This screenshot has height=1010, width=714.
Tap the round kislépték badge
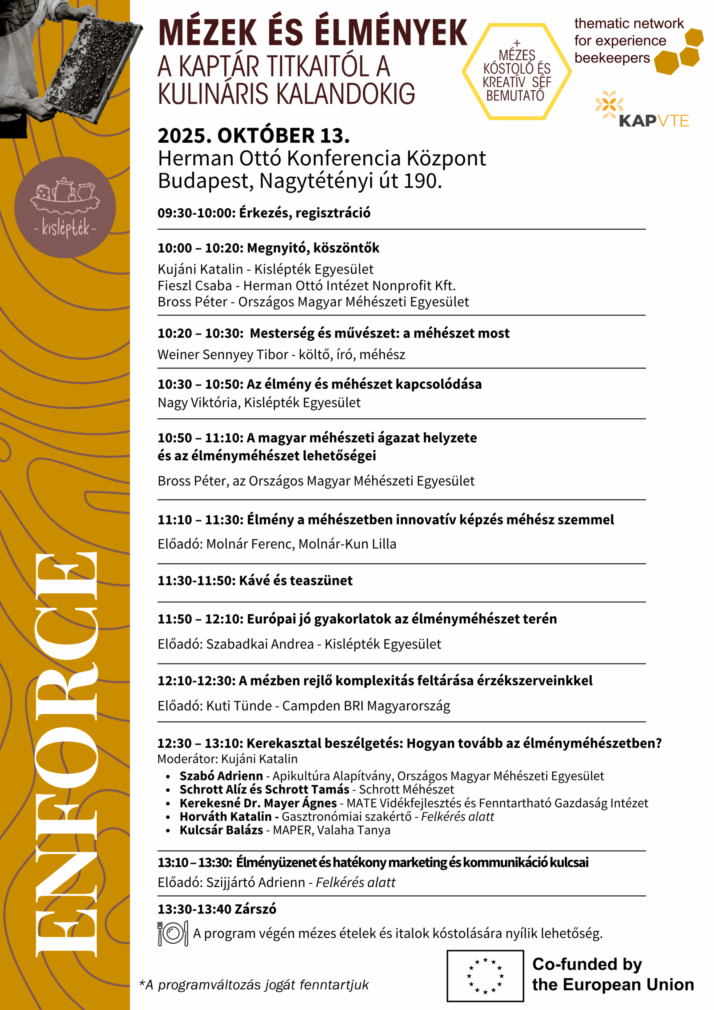(x=65, y=207)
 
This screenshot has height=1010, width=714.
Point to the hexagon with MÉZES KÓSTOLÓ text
(x=516, y=72)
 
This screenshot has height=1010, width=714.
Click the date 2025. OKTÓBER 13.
(x=253, y=135)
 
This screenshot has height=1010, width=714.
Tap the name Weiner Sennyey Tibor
(x=222, y=355)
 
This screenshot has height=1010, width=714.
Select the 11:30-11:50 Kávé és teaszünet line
(x=255, y=581)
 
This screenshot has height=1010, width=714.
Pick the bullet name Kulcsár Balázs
(x=221, y=830)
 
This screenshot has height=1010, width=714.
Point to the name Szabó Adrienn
(x=221, y=776)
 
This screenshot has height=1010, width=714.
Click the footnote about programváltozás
(x=254, y=985)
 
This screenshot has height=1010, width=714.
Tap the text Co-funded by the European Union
(x=612, y=974)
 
